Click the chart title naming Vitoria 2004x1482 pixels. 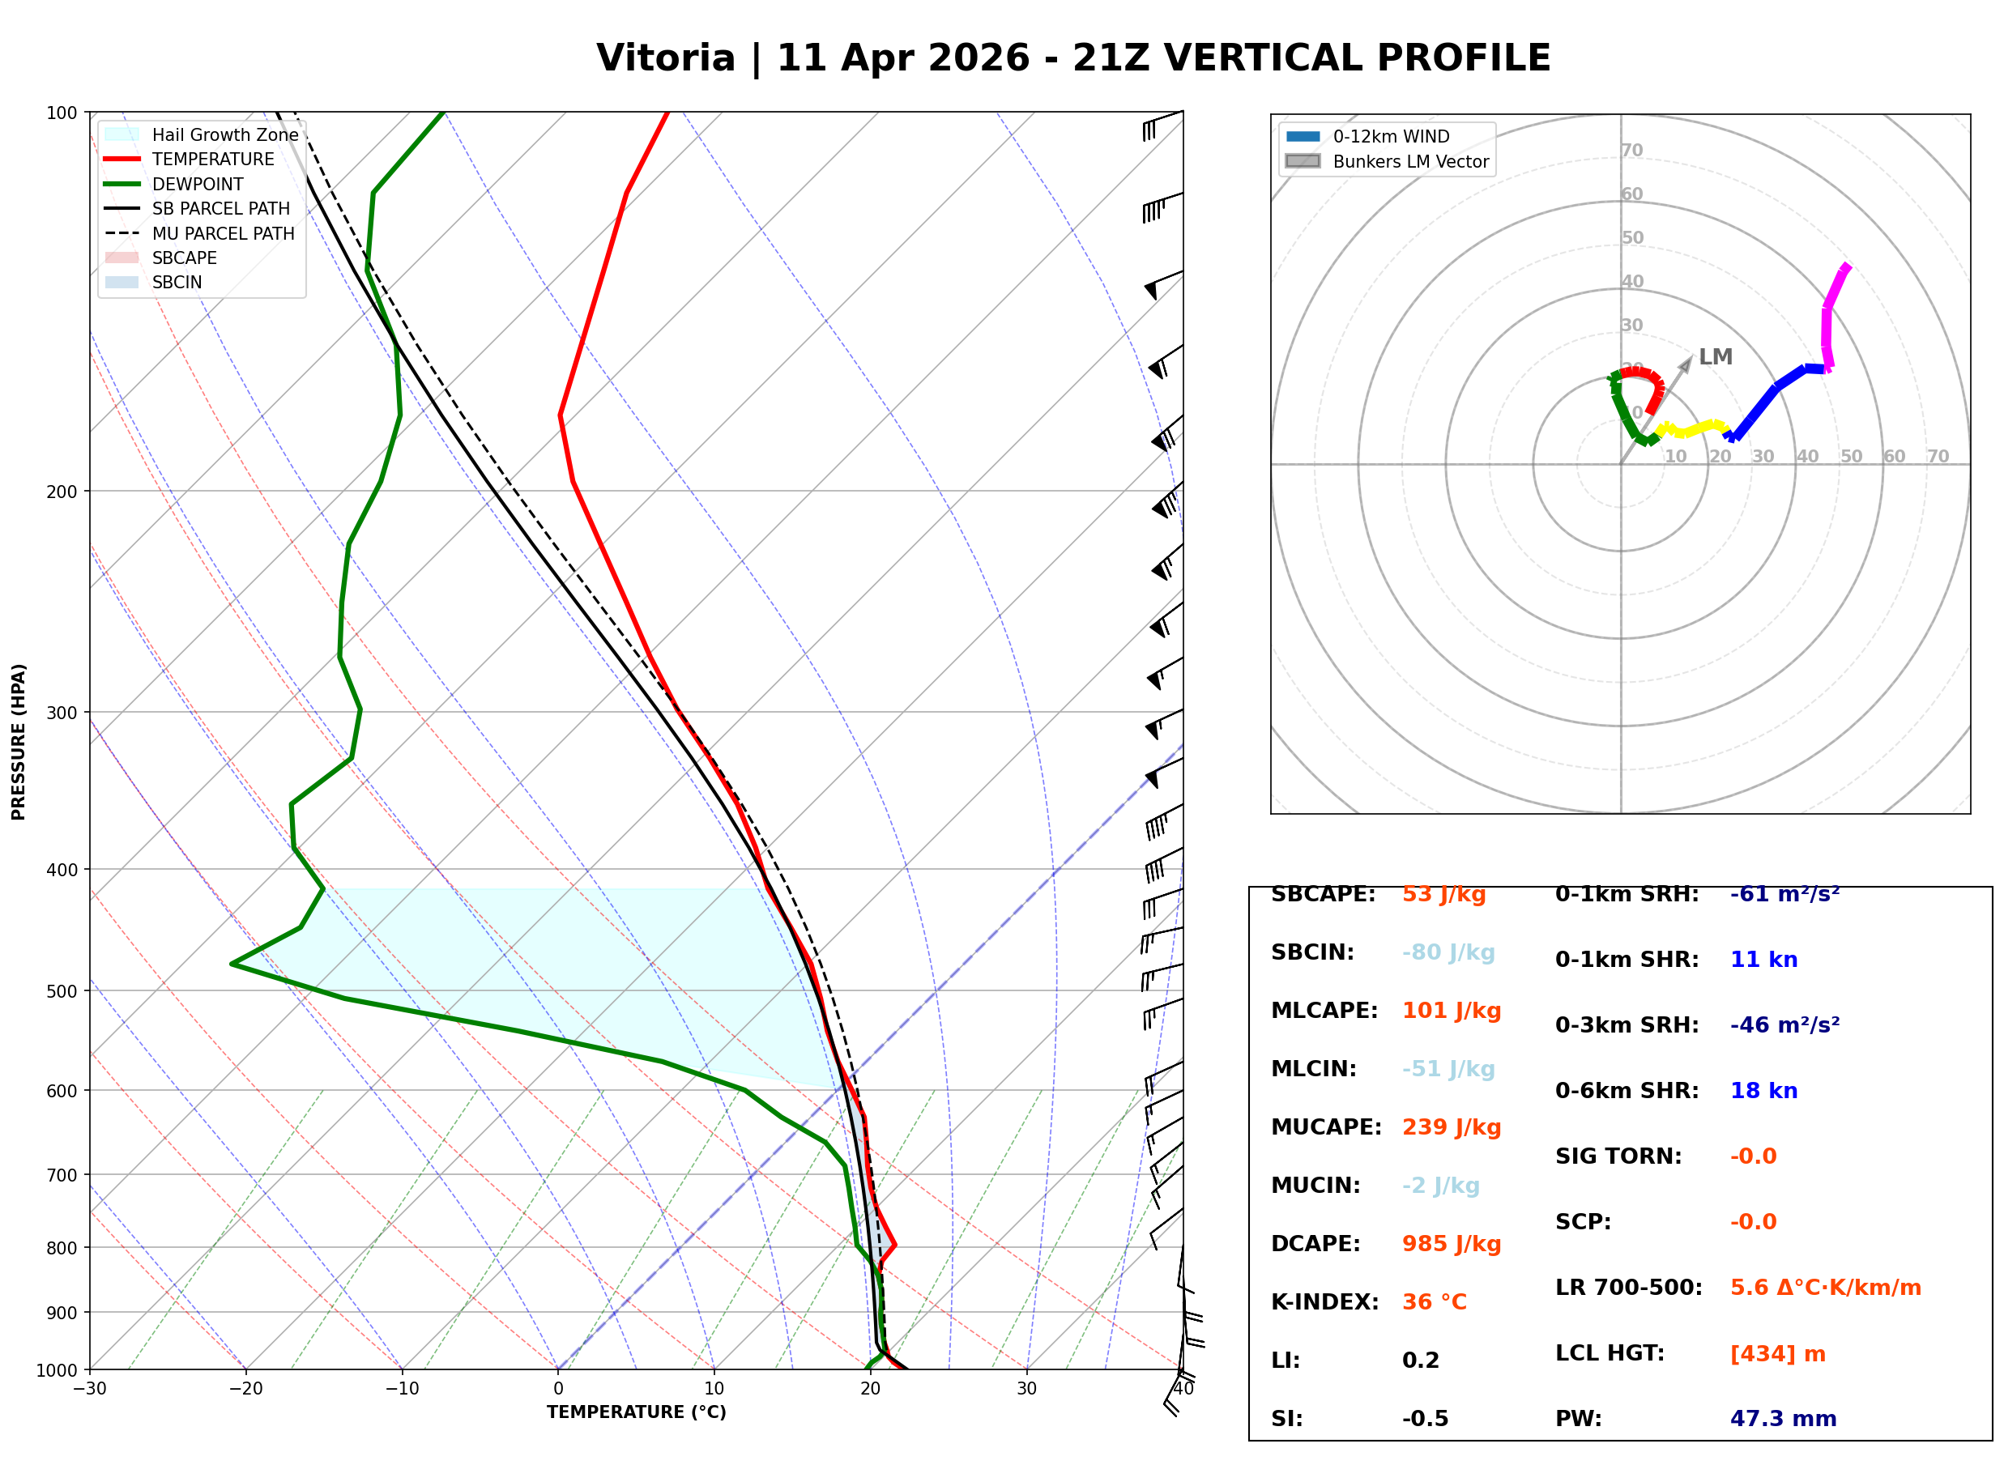(x=1072, y=58)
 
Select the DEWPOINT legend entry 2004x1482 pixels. (x=198, y=184)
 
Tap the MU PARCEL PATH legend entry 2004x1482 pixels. (x=223, y=233)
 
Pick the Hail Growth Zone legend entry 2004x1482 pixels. (x=224, y=134)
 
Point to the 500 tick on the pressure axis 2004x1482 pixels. (x=62, y=991)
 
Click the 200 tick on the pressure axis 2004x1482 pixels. (x=62, y=492)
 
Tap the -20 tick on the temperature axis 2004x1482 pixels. (x=245, y=1389)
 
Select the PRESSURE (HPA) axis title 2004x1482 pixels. (x=19, y=741)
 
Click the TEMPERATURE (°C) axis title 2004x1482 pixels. (x=636, y=1412)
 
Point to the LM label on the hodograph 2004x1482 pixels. (x=1715, y=357)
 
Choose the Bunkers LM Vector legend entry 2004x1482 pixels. (x=1410, y=161)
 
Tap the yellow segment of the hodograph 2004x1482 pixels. (x=1691, y=429)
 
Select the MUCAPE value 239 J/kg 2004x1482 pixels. (x=1452, y=1126)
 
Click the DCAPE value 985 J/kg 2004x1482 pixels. (x=1452, y=1243)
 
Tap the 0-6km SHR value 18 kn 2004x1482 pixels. (x=1763, y=1091)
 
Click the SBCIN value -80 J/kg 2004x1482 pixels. (x=1448, y=952)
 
